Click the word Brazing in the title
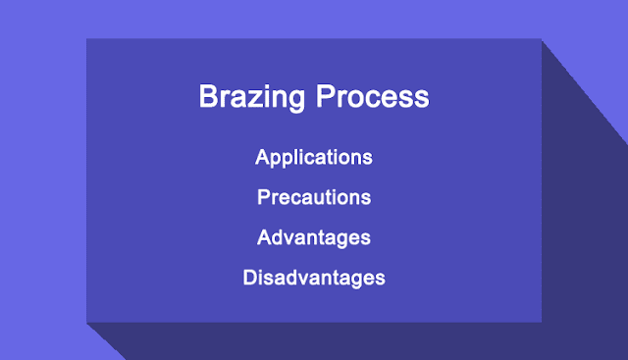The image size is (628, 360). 252,97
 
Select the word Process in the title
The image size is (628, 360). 373,96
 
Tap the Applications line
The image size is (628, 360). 314,158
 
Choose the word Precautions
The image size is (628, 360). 314,197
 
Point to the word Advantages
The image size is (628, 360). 314,238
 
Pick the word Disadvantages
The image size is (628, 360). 314,279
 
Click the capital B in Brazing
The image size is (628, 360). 208,96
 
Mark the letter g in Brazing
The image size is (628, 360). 296,101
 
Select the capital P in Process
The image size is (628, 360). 325,96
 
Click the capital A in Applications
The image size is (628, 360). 263,157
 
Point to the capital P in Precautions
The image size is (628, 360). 264,196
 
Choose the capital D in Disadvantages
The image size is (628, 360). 250,277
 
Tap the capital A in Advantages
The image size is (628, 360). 265,237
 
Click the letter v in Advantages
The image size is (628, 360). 290,239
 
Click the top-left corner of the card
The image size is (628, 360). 86,38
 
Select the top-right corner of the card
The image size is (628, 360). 542,38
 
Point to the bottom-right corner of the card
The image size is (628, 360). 542,323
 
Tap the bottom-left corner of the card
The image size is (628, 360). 86,323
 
